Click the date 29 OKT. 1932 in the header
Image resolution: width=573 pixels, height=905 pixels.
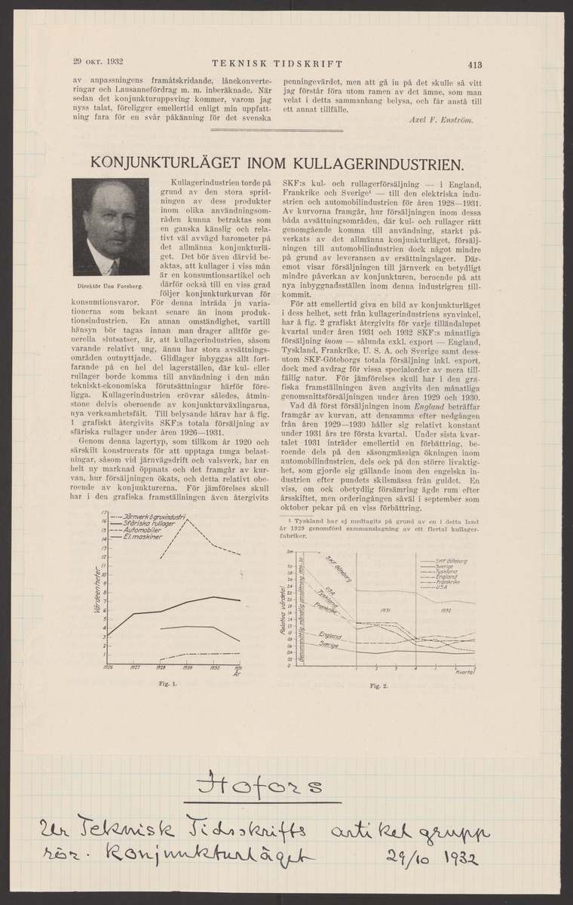(x=99, y=62)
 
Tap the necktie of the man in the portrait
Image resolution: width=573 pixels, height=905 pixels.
(x=113, y=265)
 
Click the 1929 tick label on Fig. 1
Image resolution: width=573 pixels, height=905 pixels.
(x=187, y=667)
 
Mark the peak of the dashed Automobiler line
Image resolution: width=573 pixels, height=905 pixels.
(x=186, y=520)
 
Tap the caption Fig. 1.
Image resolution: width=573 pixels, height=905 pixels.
(x=173, y=684)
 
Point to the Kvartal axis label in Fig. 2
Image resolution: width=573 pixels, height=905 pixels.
(x=464, y=670)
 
